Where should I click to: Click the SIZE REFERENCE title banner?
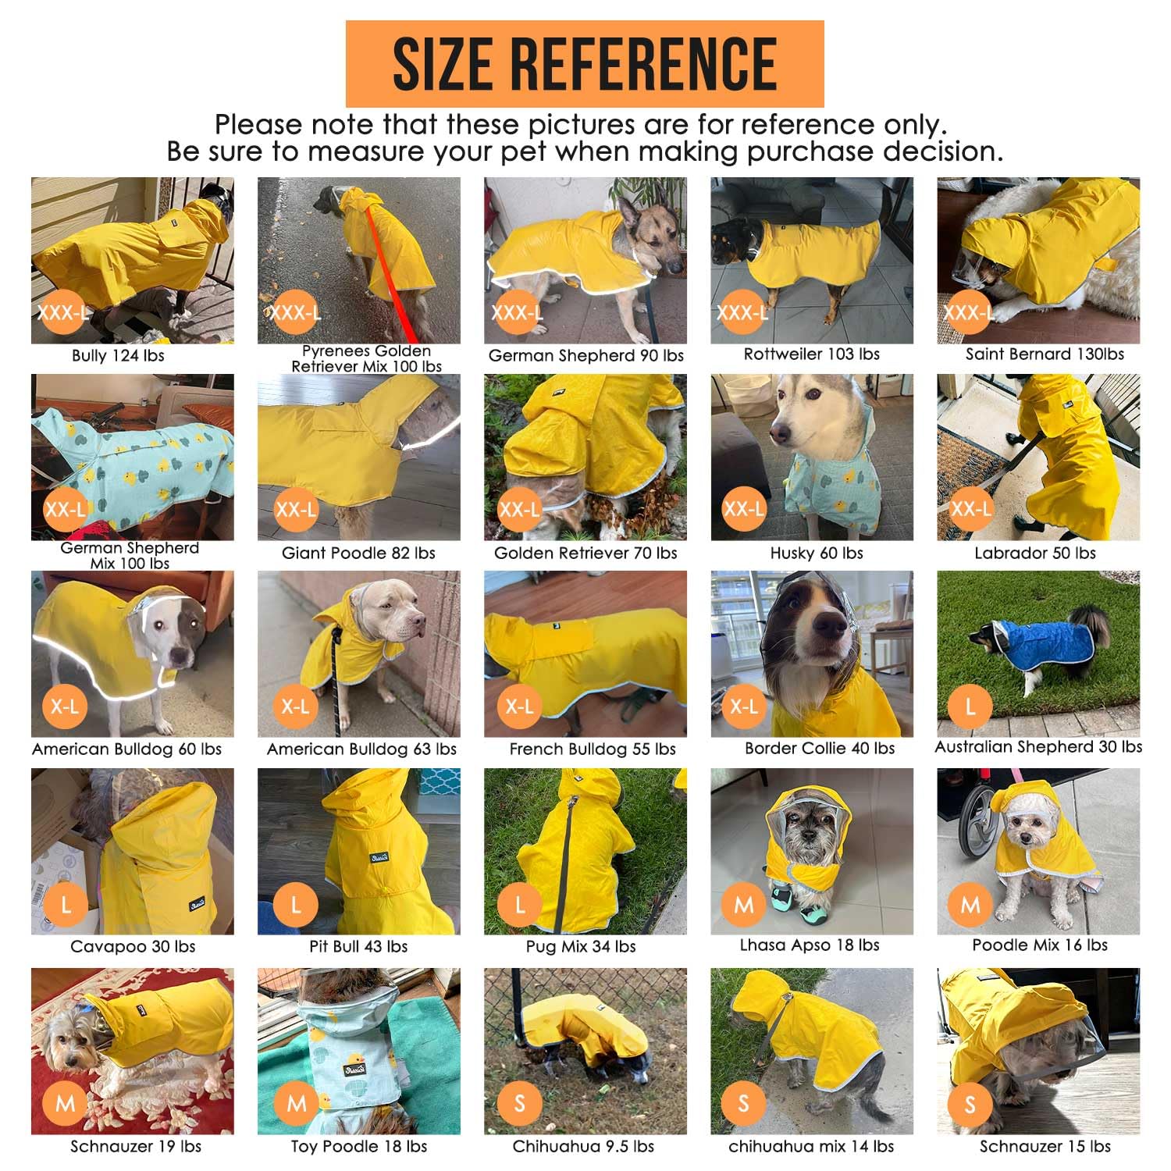coord(585,63)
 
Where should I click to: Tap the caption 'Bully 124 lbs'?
coord(118,356)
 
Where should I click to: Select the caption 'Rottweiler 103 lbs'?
coord(811,354)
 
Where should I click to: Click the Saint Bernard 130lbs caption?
coord(1045,354)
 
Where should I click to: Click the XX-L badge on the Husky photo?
coord(743,510)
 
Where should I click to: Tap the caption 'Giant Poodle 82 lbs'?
coord(358,553)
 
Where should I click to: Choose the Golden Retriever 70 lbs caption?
coord(585,553)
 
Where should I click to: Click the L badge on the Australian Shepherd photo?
coord(970,707)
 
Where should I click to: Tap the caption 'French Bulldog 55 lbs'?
coord(593,749)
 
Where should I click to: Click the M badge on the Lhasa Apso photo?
coord(743,905)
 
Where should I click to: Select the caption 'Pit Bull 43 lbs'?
coord(358,947)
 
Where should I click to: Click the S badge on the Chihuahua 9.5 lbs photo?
coord(519,1103)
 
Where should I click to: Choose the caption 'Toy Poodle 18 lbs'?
coord(358,1147)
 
